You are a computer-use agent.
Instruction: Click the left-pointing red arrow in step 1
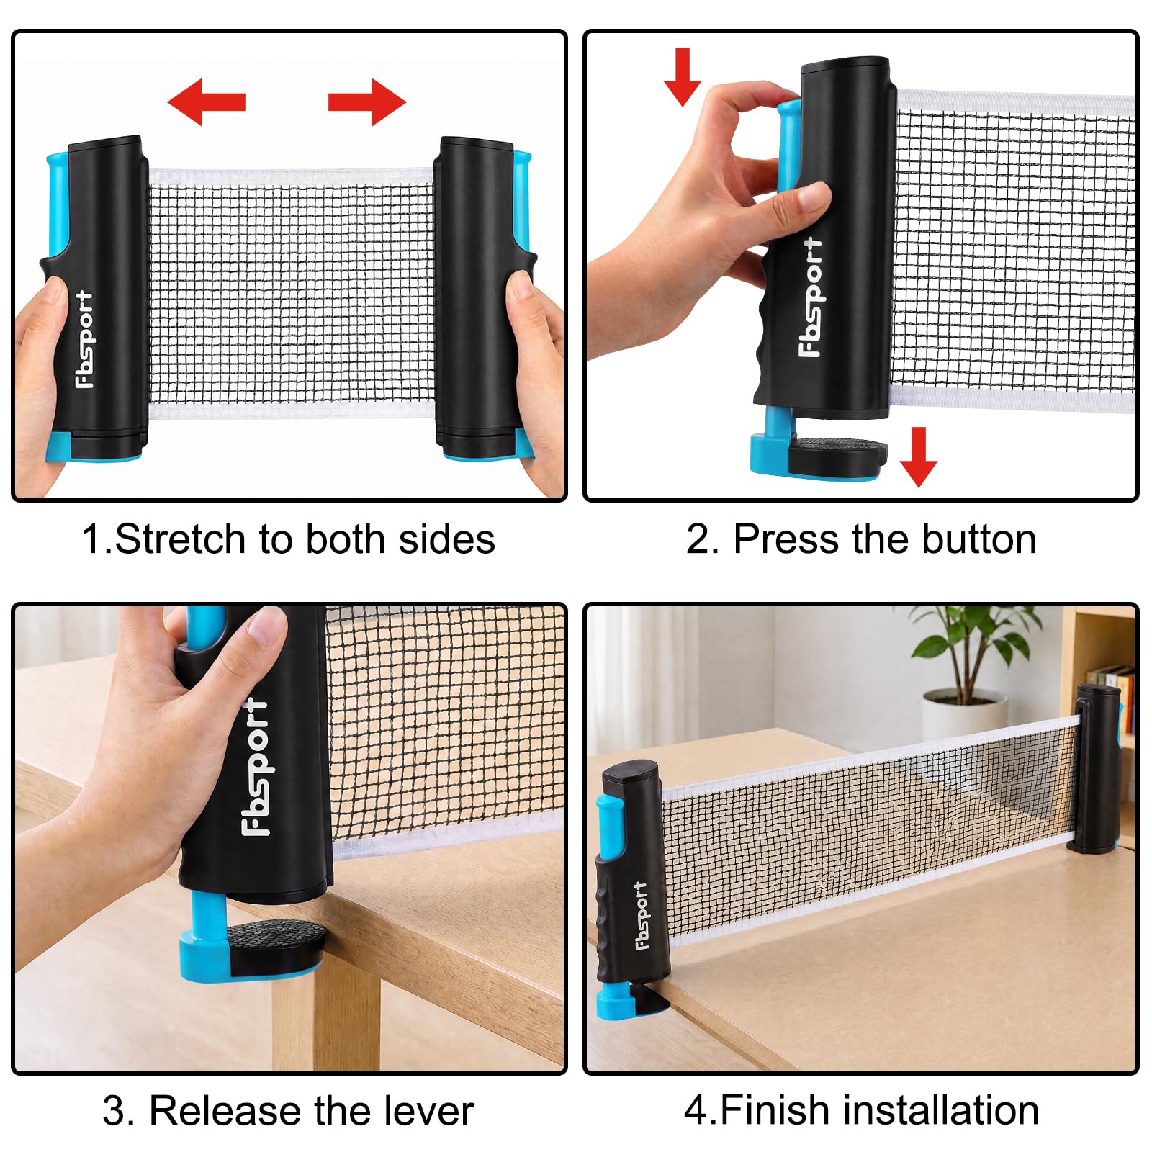(x=207, y=102)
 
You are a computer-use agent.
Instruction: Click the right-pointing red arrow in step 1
(x=367, y=102)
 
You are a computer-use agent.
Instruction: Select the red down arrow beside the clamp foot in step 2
(x=918, y=457)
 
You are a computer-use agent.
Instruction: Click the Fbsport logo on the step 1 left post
(x=85, y=339)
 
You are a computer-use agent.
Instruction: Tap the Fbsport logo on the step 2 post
(x=811, y=297)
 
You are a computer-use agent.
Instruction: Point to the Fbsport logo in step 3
(x=255, y=767)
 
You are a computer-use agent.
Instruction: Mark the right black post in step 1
(x=475, y=297)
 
